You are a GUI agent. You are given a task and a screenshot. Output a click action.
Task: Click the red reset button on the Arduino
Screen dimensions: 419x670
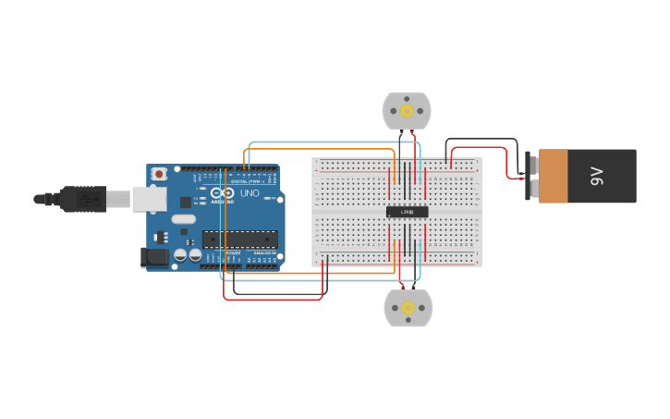(x=159, y=173)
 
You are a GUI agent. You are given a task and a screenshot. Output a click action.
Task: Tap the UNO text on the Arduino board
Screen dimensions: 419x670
(x=250, y=193)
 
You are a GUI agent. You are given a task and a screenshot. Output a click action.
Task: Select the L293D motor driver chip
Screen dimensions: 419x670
(x=407, y=212)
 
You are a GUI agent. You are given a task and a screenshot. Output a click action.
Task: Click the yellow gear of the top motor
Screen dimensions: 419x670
(x=407, y=111)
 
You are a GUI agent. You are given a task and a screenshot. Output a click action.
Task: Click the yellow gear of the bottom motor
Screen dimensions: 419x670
(x=408, y=308)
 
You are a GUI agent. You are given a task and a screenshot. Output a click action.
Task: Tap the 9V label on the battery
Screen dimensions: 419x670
(x=597, y=176)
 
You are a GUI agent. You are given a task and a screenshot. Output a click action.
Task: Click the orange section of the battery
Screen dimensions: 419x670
(x=554, y=176)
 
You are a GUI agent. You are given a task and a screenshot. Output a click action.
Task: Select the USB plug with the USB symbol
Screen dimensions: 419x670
(x=89, y=199)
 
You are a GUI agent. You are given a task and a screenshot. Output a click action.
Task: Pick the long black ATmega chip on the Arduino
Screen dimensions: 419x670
(x=239, y=239)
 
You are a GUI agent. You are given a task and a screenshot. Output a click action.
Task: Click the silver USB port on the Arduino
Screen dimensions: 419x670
(x=148, y=199)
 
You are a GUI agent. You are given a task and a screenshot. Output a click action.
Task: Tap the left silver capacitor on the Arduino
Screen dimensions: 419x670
(x=181, y=254)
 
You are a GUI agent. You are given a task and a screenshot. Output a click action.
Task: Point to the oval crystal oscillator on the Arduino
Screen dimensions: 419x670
(x=184, y=220)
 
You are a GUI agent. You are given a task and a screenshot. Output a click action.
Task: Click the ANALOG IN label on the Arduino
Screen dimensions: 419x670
(x=264, y=253)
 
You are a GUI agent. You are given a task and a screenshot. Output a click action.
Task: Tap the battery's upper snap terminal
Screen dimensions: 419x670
(x=532, y=164)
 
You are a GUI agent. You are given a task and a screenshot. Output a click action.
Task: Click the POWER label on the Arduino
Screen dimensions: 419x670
(x=233, y=253)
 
